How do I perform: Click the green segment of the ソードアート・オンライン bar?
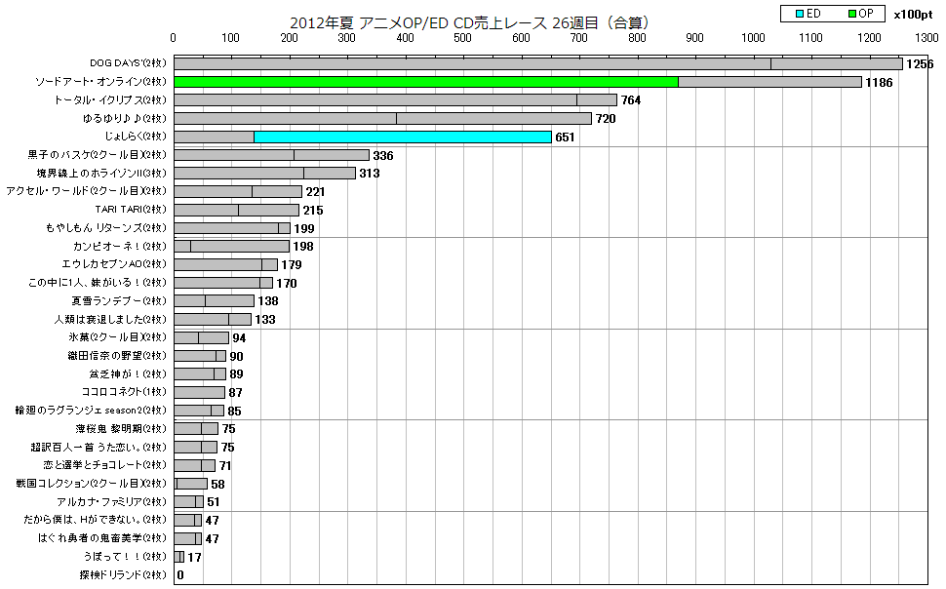click(425, 82)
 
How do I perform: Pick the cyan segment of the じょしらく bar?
click(402, 137)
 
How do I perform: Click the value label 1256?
click(920, 64)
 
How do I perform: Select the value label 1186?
click(879, 83)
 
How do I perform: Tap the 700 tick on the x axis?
click(579, 38)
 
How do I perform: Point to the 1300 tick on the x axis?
click(927, 38)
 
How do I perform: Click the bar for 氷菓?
click(201, 337)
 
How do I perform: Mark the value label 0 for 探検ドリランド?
click(180, 575)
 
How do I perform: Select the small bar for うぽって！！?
click(178, 557)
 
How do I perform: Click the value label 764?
click(631, 100)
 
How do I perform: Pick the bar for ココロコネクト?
click(199, 392)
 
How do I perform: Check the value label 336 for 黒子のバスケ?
click(382, 156)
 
